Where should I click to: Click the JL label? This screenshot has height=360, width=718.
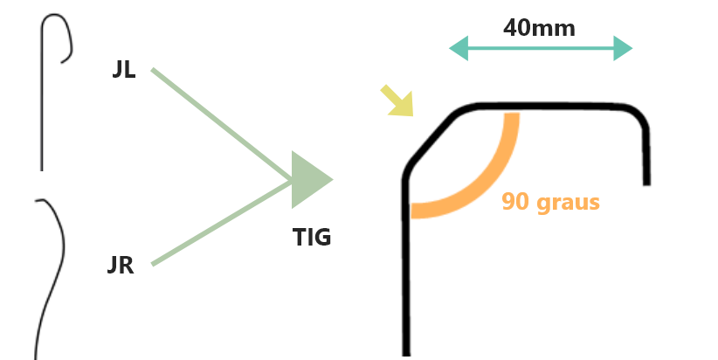pos(124,70)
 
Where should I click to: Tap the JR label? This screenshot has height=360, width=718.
pos(121,265)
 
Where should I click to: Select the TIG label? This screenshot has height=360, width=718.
pos(312,238)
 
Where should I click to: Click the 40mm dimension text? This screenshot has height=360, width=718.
pos(539,28)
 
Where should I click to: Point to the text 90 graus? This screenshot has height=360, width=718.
pos(550,202)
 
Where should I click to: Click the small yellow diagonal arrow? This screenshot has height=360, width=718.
pos(397,100)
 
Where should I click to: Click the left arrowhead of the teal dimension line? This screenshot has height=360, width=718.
pos(459,48)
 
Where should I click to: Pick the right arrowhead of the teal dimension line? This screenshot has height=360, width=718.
pos(623,48)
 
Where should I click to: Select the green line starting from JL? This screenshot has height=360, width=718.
pos(222,125)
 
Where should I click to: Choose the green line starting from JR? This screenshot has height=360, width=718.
pos(222,223)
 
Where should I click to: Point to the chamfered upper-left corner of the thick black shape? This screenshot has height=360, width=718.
pos(431,137)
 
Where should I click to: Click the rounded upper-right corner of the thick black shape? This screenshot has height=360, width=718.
pos(639,116)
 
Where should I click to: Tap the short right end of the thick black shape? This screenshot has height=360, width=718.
pos(646,182)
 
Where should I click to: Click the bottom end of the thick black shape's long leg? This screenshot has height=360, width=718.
pos(407,353)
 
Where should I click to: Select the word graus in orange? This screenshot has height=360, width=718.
pos(569,203)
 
